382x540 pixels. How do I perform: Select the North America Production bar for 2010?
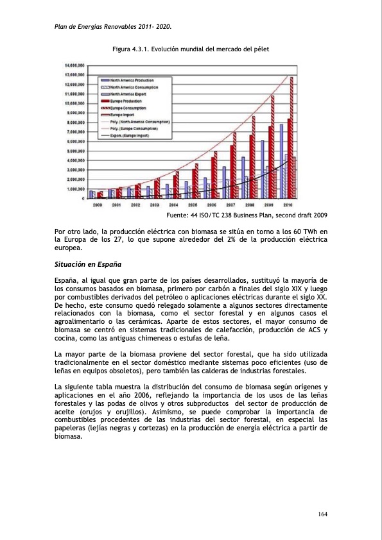(x=281, y=160)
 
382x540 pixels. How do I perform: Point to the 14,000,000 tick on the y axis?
(x=74, y=65)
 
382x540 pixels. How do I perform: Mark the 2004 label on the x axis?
(x=173, y=205)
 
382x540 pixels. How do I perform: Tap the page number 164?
(x=323, y=514)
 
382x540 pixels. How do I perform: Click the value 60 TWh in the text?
(x=309, y=231)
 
